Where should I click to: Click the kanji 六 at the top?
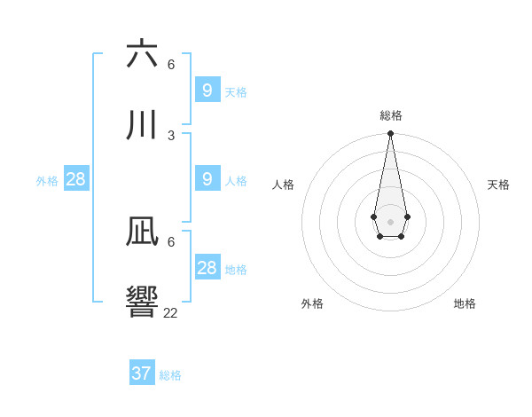click(x=143, y=54)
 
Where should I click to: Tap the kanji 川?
click(x=143, y=126)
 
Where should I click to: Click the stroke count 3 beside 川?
click(x=171, y=135)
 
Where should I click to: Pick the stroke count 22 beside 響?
click(x=171, y=312)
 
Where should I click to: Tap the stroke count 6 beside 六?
click(x=171, y=64)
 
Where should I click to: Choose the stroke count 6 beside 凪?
click(x=171, y=241)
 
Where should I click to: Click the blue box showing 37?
click(x=142, y=374)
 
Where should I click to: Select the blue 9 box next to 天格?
click(x=207, y=90)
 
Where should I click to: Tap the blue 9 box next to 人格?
click(x=207, y=178)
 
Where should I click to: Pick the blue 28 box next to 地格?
click(x=207, y=267)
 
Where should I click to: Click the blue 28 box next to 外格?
click(x=76, y=178)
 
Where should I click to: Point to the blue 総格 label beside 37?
click(x=170, y=375)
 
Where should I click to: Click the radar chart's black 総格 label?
click(x=391, y=115)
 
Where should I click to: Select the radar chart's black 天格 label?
click(x=498, y=185)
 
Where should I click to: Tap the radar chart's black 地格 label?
click(x=465, y=303)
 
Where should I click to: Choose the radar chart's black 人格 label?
click(x=283, y=185)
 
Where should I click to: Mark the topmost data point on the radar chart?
click(x=390, y=133)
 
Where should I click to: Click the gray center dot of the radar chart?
click(x=390, y=221)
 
